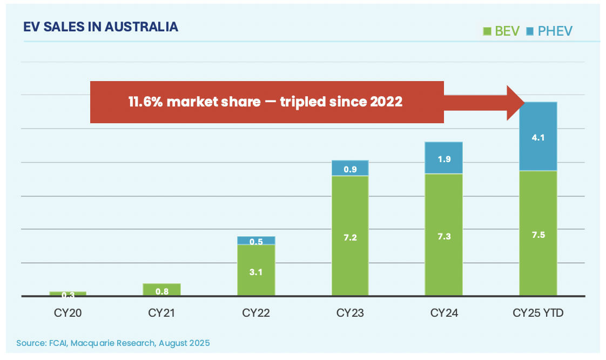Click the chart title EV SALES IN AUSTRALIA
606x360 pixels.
100,27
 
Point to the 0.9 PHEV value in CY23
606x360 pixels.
350,169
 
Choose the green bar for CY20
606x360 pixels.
68,293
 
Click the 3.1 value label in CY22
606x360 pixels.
256,272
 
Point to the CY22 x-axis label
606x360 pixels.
256,312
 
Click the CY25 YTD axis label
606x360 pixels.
537,312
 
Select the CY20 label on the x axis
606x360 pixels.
68,312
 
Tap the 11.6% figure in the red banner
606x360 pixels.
145,102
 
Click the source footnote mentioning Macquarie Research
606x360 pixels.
113,343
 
